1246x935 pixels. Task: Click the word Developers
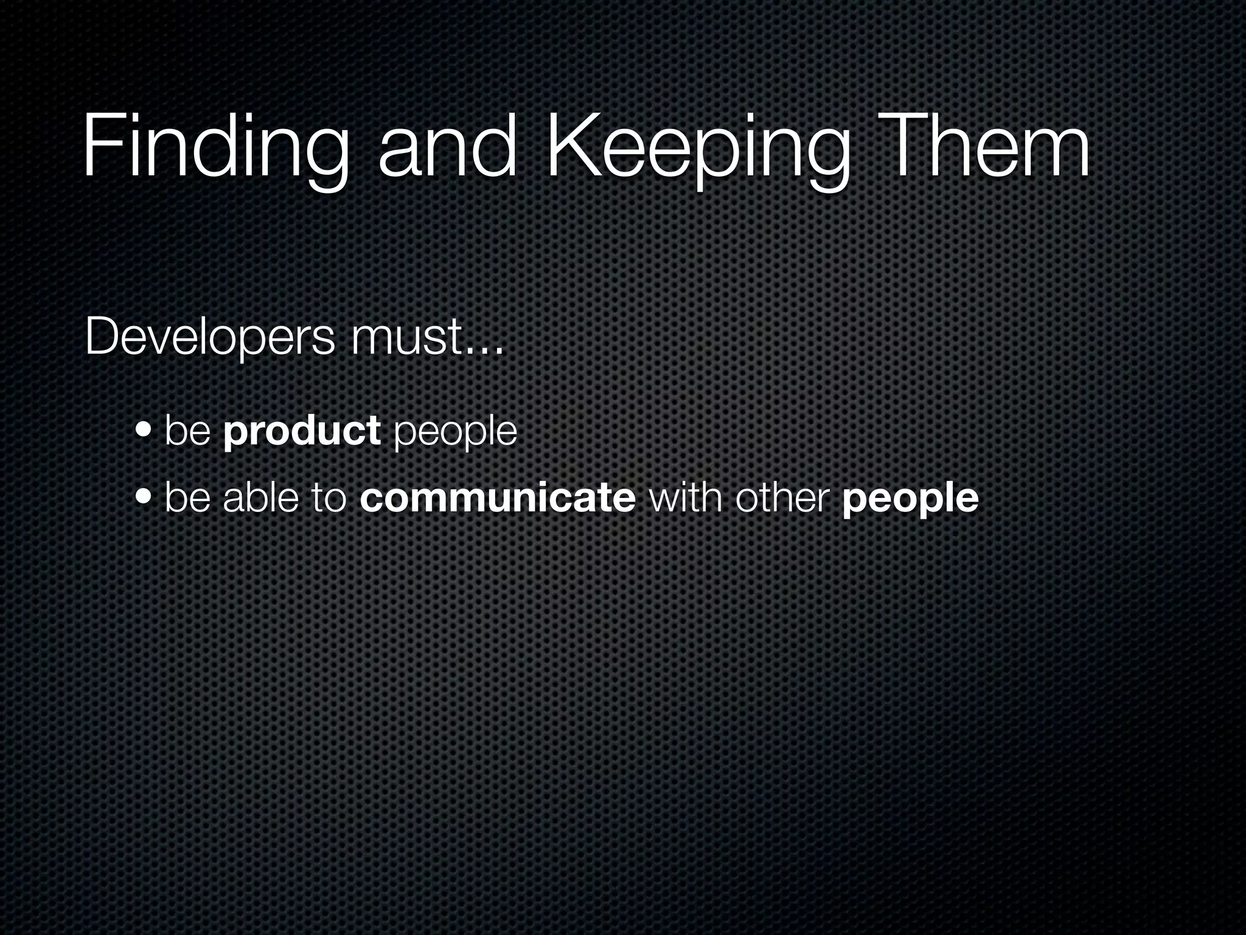point(210,338)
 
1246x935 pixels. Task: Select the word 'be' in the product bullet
point(187,430)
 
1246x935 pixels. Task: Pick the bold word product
point(302,430)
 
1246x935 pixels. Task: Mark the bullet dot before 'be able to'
point(145,499)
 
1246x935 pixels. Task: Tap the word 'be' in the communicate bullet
point(187,497)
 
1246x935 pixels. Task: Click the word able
point(260,497)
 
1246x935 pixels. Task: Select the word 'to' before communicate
point(329,497)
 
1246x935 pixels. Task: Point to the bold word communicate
point(498,497)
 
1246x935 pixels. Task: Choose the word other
point(782,497)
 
